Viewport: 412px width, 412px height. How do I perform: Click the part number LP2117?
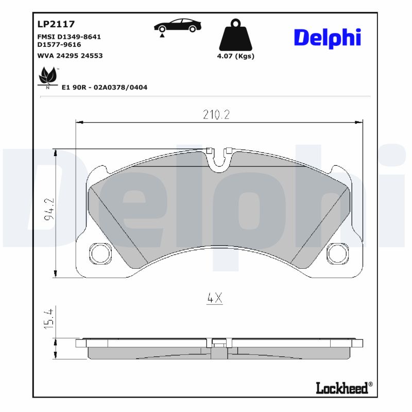click(x=56, y=24)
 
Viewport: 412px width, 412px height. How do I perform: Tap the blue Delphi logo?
click(x=327, y=38)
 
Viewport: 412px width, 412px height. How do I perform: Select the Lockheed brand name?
click(x=342, y=388)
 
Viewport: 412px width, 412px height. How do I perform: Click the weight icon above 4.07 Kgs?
click(x=235, y=36)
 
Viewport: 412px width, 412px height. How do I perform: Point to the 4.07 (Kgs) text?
click(x=236, y=56)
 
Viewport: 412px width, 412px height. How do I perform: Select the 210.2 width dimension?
click(x=215, y=115)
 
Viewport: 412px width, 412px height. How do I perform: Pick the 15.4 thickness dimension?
click(x=49, y=319)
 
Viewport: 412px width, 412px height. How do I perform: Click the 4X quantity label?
click(x=214, y=298)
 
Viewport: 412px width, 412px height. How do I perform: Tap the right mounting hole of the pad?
click(x=337, y=252)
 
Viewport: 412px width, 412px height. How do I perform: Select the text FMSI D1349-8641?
click(x=69, y=37)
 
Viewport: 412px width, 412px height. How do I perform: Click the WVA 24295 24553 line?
click(x=70, y=55)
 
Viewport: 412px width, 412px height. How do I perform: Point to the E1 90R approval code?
click(x=105, y=88)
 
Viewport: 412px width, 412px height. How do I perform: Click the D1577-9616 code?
click(x=59, y=45)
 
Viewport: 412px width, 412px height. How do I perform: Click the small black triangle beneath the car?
click(x=162, y=35)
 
